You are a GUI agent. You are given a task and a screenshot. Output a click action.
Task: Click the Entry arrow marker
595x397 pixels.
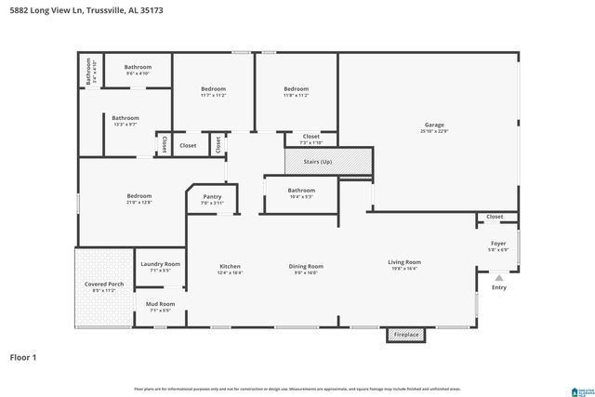tap(498, 277)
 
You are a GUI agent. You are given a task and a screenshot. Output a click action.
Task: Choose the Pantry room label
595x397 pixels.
tap(212, 199)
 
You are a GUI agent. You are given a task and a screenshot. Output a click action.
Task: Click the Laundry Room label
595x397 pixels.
tap(160, 267)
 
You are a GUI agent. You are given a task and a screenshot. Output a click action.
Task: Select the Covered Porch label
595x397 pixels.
tap(104, 286)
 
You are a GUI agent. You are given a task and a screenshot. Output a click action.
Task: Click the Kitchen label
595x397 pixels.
tap(230, 270)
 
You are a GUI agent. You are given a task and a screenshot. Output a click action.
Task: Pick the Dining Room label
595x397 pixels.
tap(306, 270)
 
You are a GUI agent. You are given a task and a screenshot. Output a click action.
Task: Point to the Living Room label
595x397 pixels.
tap(404, 265)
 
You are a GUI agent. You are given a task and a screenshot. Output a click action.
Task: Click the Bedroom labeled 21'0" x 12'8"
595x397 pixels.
tap(139, 199)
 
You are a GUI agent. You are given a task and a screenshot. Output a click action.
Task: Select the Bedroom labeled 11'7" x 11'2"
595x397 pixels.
tap(214, 92)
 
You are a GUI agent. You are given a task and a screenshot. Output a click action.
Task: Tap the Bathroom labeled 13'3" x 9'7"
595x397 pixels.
tap(126, 121)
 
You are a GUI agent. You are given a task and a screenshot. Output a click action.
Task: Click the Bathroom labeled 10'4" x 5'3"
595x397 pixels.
tap(301, 193)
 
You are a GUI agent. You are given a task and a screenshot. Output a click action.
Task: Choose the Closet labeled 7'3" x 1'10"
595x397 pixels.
tap(311, 139)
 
